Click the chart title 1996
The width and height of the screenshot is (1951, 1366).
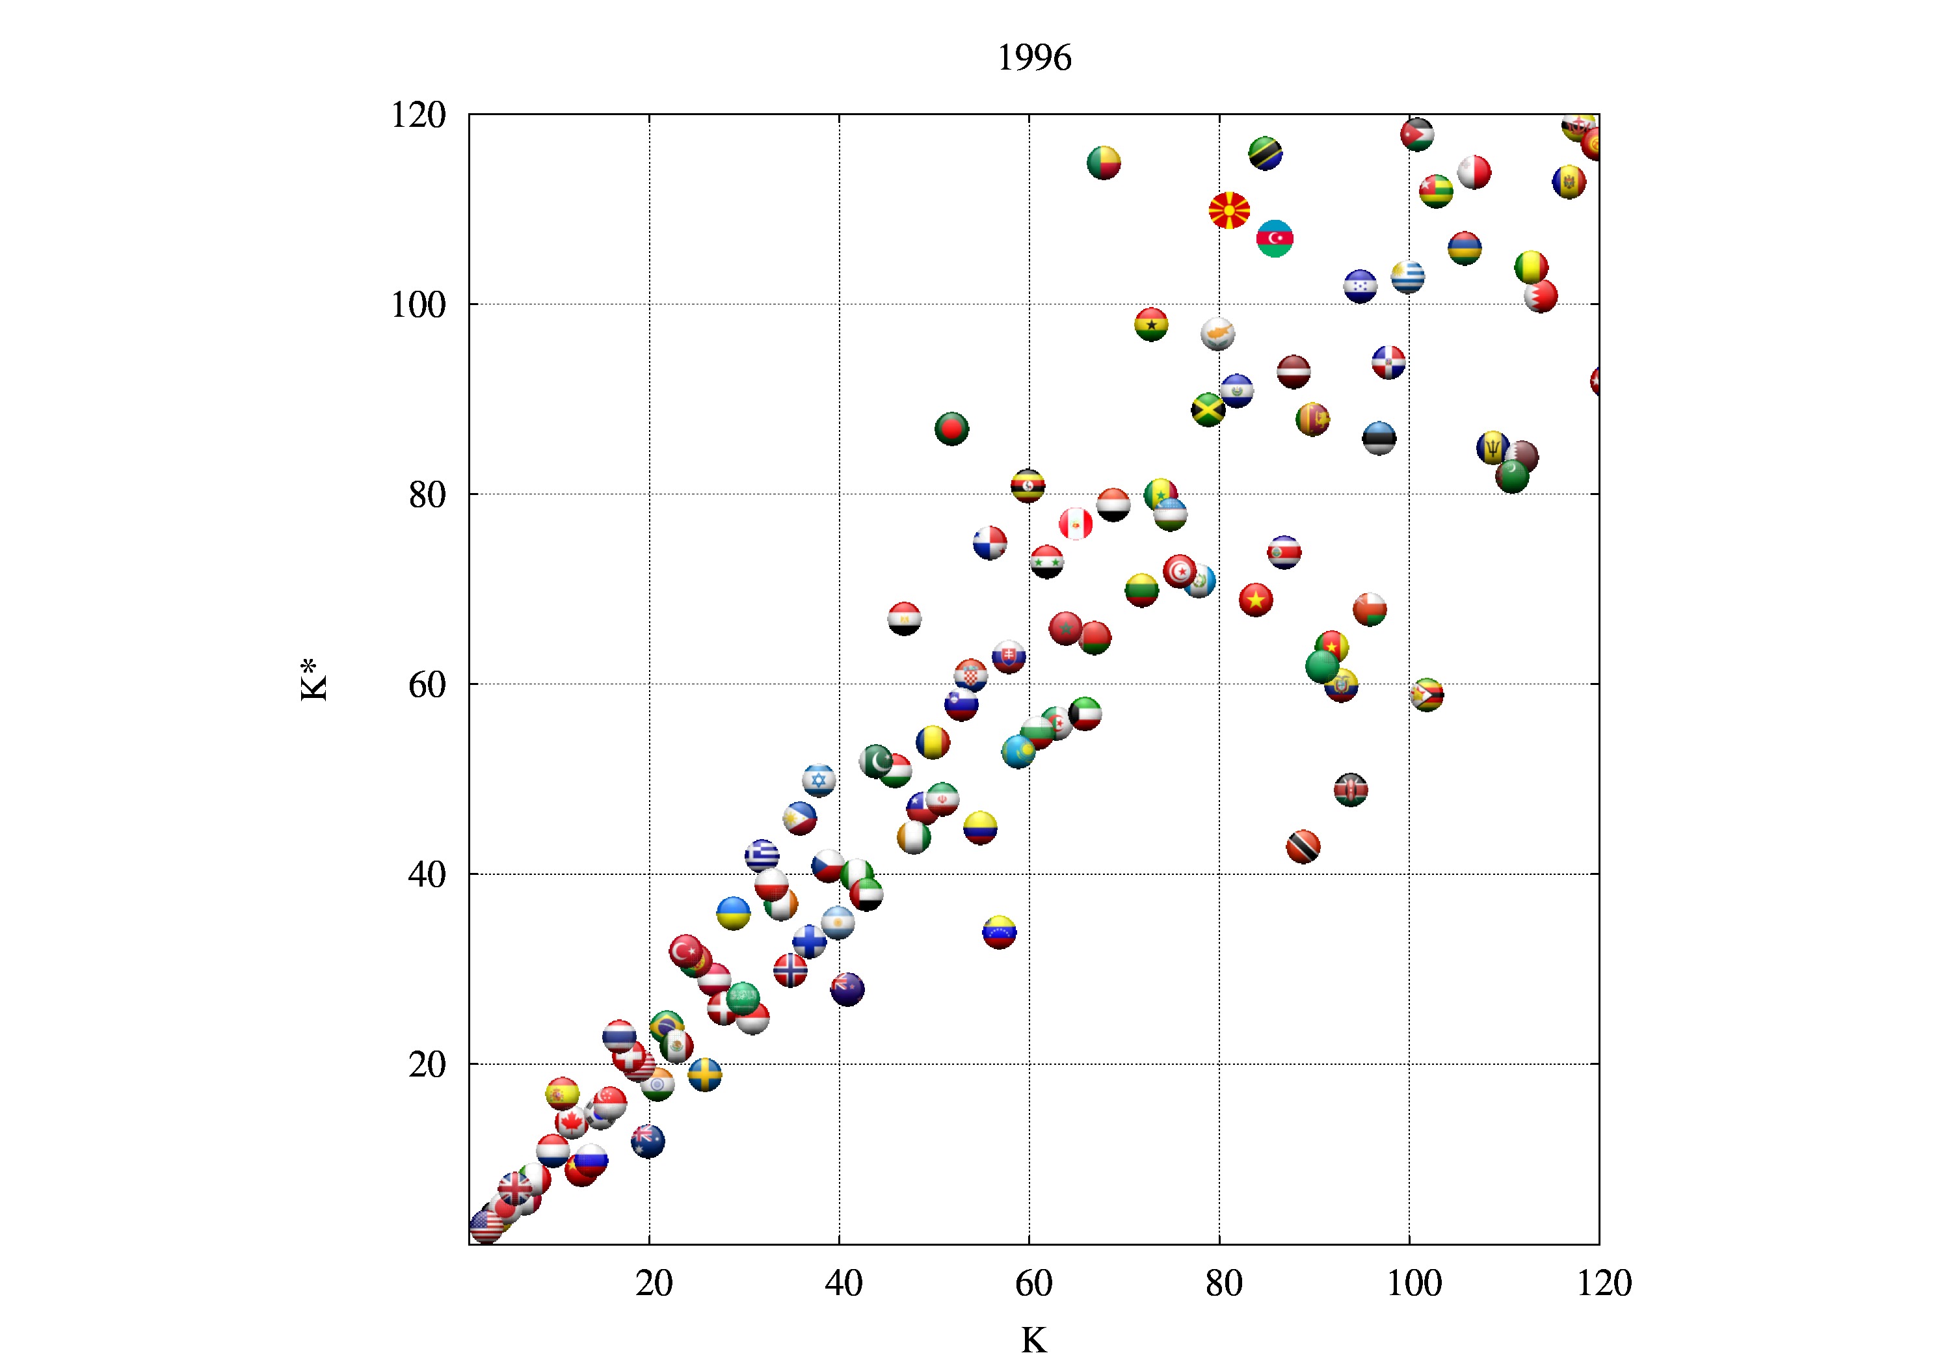(1033, 58)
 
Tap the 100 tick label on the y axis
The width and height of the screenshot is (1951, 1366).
(418, 305)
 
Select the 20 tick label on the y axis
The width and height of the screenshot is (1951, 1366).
(427, 1064)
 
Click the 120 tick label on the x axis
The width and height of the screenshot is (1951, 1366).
(1604, 1283)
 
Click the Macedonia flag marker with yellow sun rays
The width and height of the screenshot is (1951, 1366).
(1228, 210)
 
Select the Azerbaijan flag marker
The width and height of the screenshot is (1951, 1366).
(1275, 238)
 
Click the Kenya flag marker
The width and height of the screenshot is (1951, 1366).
(1350, 790)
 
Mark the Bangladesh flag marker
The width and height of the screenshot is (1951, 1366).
(951, 429)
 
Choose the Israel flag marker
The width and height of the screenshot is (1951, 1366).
(818, 779)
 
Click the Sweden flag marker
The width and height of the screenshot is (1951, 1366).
(704, 1075)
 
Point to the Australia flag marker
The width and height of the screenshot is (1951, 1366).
(648, 1141)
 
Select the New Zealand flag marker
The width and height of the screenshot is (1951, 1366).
(847, 989)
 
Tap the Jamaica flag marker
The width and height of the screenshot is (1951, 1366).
(1208, 410)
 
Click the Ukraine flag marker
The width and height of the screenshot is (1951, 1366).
(734, 913)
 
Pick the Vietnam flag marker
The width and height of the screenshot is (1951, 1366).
(1255, 600)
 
